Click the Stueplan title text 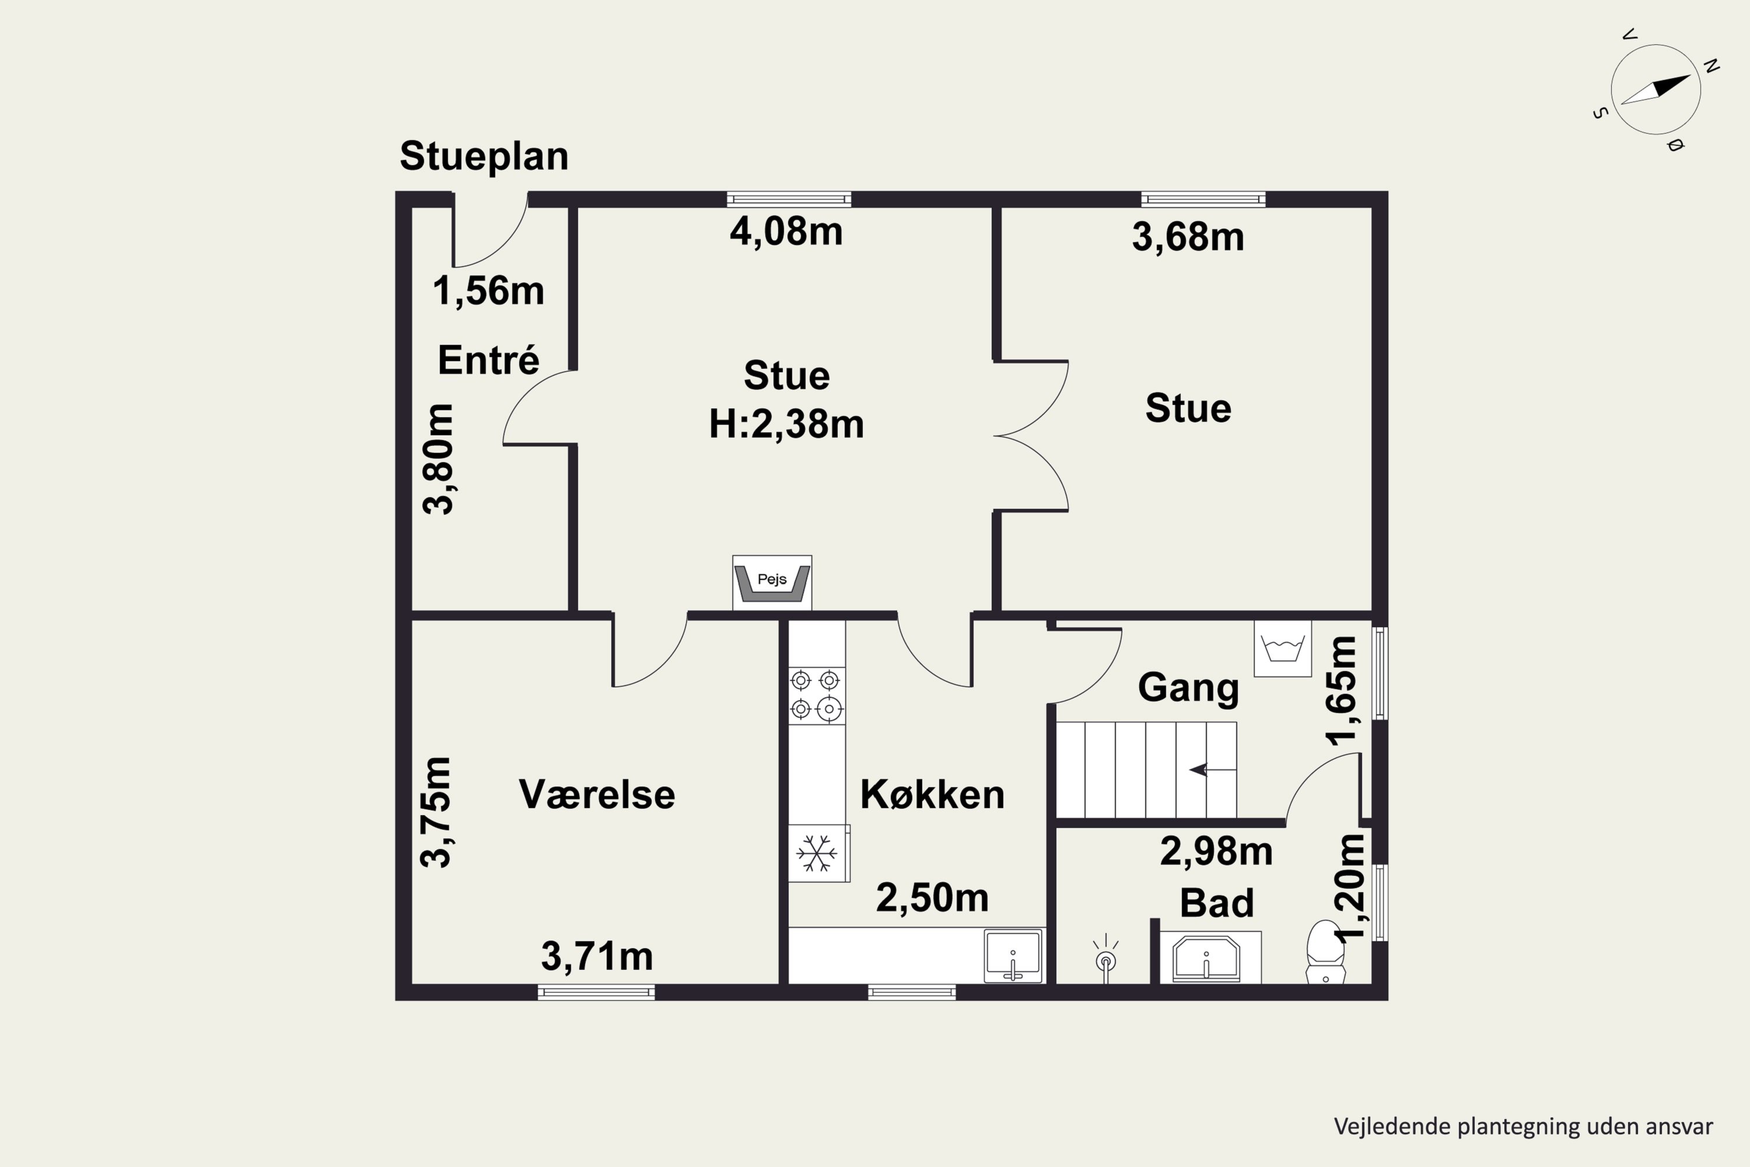pyautogui.click(x=484, y=156)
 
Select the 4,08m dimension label pyautogui.click(x=786, y=232)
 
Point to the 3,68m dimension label pyautogui.click(x=1188, y=237)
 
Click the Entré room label pyautogui.click(x=488, y=359)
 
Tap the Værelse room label pyautogui.click(x=597, y=794)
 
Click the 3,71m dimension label pyautogui.click(x=597, y=956)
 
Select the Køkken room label pyautogui.click(x=932, y=794)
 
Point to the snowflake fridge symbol pyautogui.click(x=818, y=853)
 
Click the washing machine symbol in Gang pyautogui.click(x=1283, y=648)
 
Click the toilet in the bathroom pyautogui.click(x=1325, y=952)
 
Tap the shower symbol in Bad pyautogui.click(x=1105, y=959)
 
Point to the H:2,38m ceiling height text pyautogui.click(x=786, y=424)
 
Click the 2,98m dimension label pyautogui.click(x=1216, y=851)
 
